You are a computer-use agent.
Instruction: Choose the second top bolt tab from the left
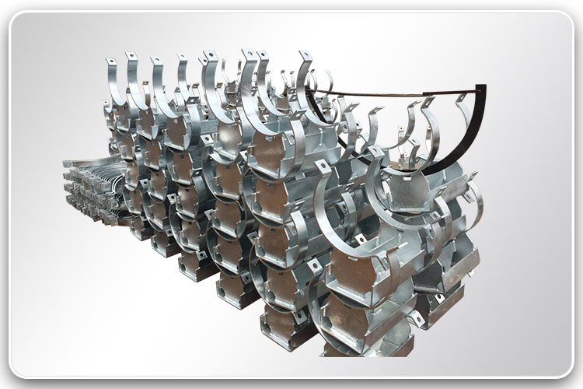(131, 58)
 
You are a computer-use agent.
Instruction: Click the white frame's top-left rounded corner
(17, 17)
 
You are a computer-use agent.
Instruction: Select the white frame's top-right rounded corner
(566, 17)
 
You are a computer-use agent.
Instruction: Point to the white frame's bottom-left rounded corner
(17, 371)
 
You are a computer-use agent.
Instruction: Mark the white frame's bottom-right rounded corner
(566, 371)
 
